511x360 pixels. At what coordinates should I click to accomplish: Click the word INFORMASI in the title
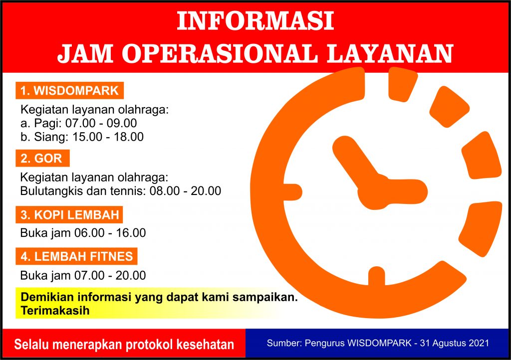[255, 22]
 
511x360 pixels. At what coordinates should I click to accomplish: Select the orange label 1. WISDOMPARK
[69, 91]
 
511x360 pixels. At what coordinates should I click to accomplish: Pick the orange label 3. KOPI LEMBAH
[69, 215]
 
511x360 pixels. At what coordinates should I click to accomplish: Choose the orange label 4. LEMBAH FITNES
[76, 257]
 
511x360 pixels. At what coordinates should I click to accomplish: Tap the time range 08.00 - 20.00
[185, 191]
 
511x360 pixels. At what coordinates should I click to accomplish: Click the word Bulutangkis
[50, 191]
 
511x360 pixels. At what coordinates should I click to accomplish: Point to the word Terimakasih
[55, 311]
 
